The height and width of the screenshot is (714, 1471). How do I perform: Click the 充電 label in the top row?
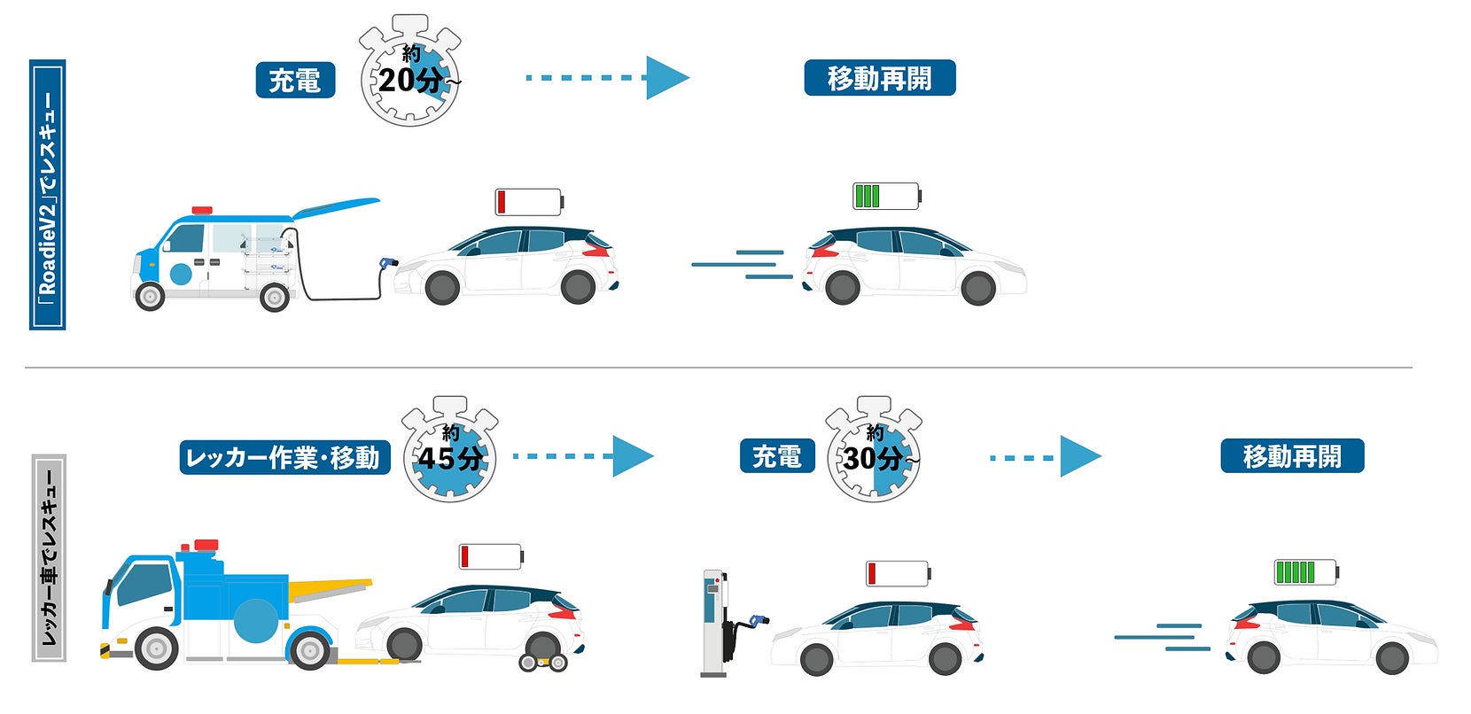point(295,80)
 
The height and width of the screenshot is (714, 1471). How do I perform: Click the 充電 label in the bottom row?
point(776,456)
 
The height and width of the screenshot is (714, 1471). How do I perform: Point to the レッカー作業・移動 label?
point(284,457)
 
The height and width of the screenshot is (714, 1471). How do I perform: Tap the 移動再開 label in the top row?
point(879,78)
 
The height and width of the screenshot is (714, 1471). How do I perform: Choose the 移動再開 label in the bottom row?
point(1291,456)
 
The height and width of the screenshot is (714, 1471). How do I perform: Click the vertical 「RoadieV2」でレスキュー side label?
point(48,195)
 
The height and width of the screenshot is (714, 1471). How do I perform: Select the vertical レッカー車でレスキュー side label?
point(49,558)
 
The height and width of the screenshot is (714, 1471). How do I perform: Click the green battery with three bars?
point(885,196)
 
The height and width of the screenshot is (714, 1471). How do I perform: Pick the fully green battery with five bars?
point(1305,572)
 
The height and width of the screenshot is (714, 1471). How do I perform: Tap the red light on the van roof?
point(203,211)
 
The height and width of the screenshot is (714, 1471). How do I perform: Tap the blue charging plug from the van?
point(386,263)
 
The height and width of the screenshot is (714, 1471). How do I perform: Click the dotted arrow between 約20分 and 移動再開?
point(607,78)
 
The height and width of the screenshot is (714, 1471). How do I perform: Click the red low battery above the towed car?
point(490,556)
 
